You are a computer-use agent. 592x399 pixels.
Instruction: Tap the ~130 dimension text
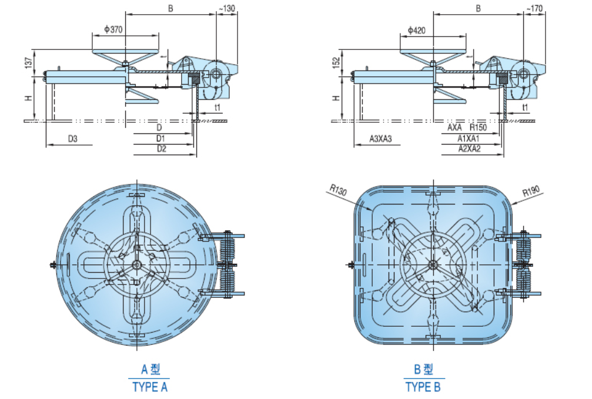(x=227, y=8)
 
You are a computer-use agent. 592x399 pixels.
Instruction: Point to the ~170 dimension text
(x=534, y=8)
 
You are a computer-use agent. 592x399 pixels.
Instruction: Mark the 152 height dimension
(x=336, y=63)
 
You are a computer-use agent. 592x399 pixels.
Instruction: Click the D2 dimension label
(x=161, y=149)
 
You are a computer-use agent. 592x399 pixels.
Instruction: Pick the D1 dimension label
(x=161, y=139)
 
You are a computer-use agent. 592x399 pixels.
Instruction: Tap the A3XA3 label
(x=380, y=139)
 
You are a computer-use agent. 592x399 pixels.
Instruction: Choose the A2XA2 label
(x=469, y=149)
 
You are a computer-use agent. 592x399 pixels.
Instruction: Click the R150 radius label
(x=478, y=128)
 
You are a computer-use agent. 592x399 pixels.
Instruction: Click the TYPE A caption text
(x=150, y=387)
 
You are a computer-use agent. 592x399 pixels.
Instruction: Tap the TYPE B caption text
(x=422, y=387)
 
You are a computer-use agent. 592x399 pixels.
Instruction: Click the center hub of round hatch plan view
(x=136, y=265)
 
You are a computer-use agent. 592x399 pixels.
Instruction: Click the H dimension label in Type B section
(x=336, y=98)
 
